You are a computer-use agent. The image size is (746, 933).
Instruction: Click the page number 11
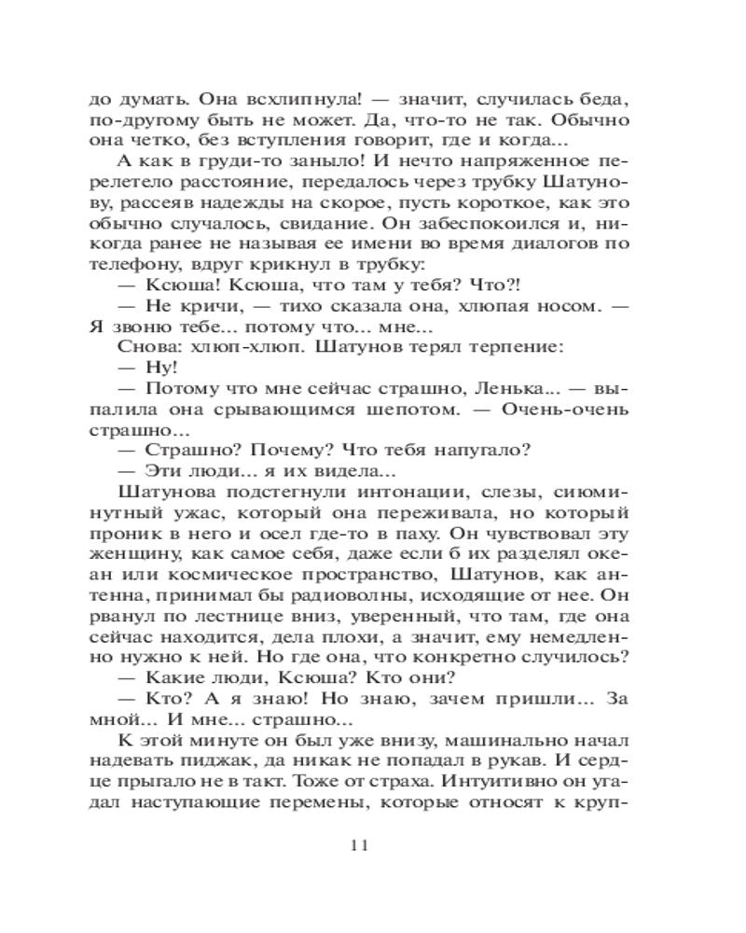point(361,845)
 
